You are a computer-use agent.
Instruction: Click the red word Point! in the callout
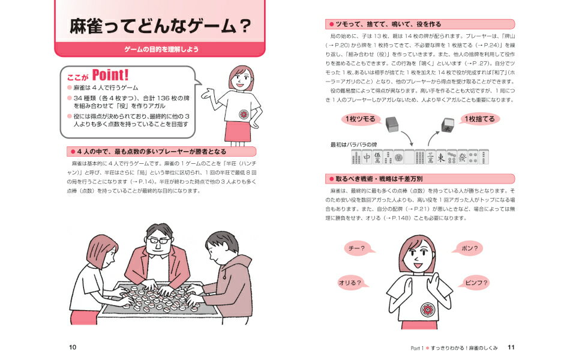[110, 75]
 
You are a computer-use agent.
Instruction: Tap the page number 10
[73, 347]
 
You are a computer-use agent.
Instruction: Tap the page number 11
[511, 347]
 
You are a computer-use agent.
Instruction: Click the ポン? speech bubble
[468, 248]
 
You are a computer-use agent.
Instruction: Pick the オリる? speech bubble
[352, 283]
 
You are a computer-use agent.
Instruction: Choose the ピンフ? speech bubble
[475, 283]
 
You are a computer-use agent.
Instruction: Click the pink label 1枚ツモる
[361, 119]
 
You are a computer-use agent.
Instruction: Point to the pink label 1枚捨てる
[480, 119]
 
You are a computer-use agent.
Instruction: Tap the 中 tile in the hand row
[367, 157]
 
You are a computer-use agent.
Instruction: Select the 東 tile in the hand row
[441, 157]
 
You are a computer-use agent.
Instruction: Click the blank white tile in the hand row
[409, 157]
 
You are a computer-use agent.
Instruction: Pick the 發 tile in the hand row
[463, 157]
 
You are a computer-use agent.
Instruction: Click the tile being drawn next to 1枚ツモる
[392, 124]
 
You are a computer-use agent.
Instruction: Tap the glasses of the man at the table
[158, 241]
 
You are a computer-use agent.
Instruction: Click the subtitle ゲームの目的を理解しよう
[161, 49]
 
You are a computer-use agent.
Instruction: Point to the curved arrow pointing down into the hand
[407, 138]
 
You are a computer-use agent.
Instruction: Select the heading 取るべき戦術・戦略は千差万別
[379, 179]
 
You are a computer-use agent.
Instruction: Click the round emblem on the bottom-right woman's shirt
[428, 309]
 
